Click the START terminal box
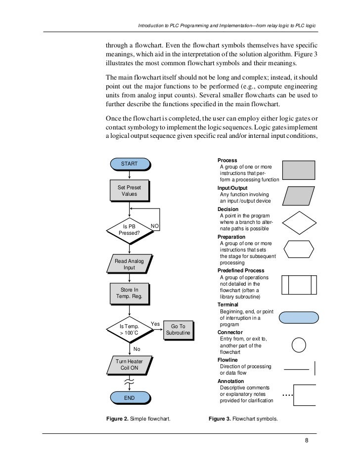click(x=129, y=164)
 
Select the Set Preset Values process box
click(x=129, y=191)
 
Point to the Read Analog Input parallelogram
click(x=129, y=264)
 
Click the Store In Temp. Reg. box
click(x=129, y=293)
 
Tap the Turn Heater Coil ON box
click(x=129, y=365)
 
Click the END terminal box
click(x=129, y=397)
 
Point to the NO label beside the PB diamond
click(x=155, y=226)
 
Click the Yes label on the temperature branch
click(x=154, y=324)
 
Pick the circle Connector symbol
click(x=299, y=344)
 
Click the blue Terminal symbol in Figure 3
click(x=299, y=317)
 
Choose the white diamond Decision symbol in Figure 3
click(x=299, y=223)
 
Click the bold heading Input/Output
click(x=232, y=188)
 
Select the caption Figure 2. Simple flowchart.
click(x=138, y=419)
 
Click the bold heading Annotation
click(x=230, y=381)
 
